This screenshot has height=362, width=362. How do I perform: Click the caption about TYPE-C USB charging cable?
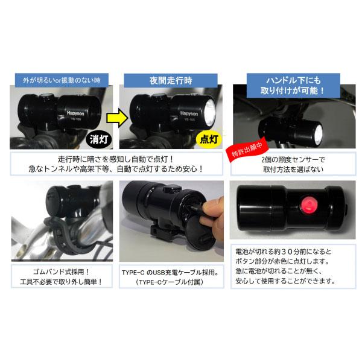[171, 277]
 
